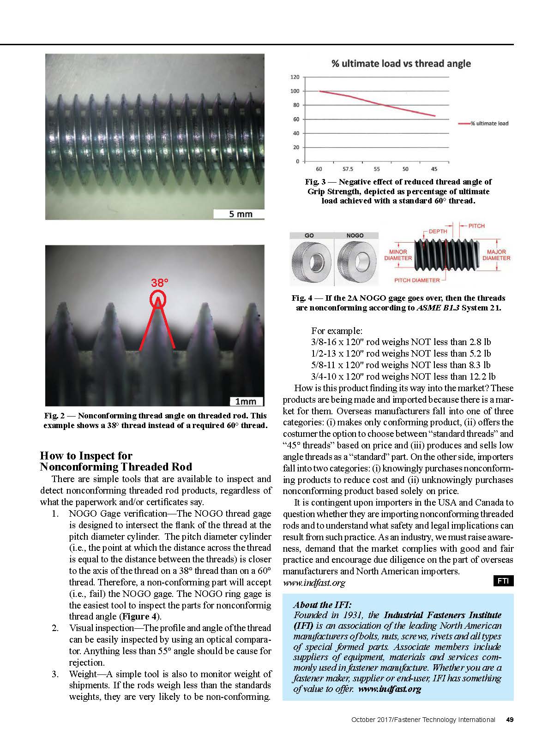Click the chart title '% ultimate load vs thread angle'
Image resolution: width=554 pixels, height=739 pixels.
coord(401,64)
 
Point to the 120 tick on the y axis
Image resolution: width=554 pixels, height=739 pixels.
coord(295,77)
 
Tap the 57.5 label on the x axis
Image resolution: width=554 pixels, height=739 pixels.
coord(348,169)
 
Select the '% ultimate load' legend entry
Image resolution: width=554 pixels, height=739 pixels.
coord(489,124)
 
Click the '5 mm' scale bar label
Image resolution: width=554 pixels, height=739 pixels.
coord(241,214)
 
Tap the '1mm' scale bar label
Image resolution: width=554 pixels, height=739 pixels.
coord(246,401)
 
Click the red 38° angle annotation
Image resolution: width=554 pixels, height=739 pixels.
coord(160,283)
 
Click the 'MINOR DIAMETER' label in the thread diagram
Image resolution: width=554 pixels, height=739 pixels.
coord(398,255)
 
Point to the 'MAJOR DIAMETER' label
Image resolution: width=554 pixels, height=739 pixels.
coord(496,255)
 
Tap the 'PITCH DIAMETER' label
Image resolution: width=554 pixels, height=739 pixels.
coord(417,280)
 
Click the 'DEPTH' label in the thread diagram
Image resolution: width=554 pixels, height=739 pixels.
coord(438,232)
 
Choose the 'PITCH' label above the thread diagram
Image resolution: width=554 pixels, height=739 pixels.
coord(476,226)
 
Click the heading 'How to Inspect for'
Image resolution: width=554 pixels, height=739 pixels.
coord(86,456)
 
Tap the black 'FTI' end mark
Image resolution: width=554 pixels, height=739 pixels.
coord(503,581)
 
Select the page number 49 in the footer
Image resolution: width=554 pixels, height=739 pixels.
coord(510,720)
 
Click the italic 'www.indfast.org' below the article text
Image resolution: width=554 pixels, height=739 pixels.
coord(314,583)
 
